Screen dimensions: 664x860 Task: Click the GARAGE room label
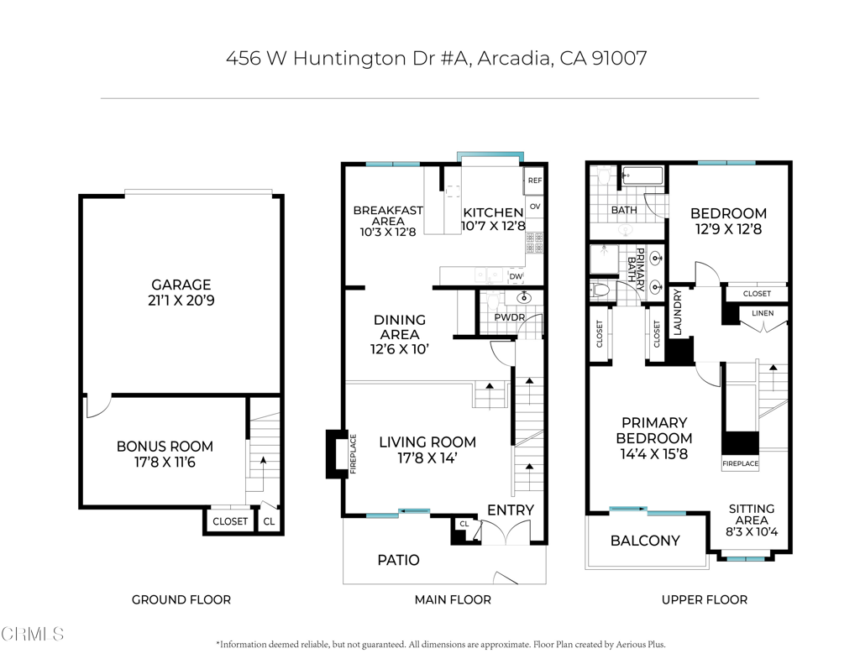(x=181, y=285)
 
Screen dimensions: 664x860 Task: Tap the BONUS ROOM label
(x=165, y=447)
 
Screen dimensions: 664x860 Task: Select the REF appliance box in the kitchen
(x=534, y=180)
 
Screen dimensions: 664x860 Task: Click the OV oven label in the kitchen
(x=534, y=207)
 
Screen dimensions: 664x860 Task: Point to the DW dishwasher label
(x=516, y=276)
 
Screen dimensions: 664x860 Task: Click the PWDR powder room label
(x=509, y=318)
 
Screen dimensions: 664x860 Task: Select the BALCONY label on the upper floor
(x=645, y=541)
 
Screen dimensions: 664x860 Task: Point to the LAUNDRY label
(x=677, y=311)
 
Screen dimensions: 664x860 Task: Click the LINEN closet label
(x=763, y=314)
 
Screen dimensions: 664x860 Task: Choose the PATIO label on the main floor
(x=398, y=560)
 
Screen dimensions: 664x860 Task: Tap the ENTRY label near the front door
(x=511, y=510)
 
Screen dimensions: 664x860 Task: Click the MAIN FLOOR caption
(x=453, y=599)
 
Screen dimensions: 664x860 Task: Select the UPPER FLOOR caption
(x=704, y=599)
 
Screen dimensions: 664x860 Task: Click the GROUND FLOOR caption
(x=181, y=599)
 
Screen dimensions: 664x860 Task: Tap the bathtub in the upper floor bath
(x=642, y=176)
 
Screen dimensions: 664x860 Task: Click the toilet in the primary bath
(x=600, y=290)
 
